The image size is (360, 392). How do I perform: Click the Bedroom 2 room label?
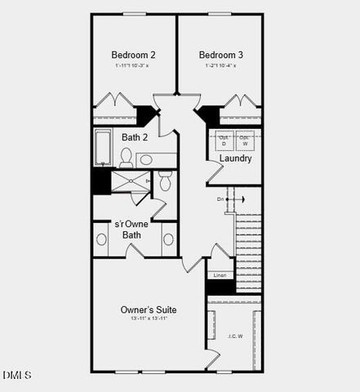[133, 55]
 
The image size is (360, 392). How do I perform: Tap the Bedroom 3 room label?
[220, 55]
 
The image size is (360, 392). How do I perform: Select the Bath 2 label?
[135, 137]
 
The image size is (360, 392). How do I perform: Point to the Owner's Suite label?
[148, 310]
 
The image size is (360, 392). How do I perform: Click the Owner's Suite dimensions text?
[148, 319]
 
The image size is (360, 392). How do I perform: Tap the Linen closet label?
[220, 275]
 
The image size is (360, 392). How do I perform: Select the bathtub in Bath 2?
[104, 148]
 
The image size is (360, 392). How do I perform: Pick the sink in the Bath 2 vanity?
[146, 159]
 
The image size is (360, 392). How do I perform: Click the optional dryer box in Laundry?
[224, 140]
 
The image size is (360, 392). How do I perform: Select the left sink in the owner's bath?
[102, 239]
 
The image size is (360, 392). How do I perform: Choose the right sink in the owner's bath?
[168, 239]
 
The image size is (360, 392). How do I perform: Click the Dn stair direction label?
[220, 199]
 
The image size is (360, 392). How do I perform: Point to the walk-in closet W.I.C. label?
[234, 336]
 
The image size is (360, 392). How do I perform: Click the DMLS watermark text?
[16, 375]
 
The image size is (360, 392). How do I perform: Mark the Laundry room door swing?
[214, 171]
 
